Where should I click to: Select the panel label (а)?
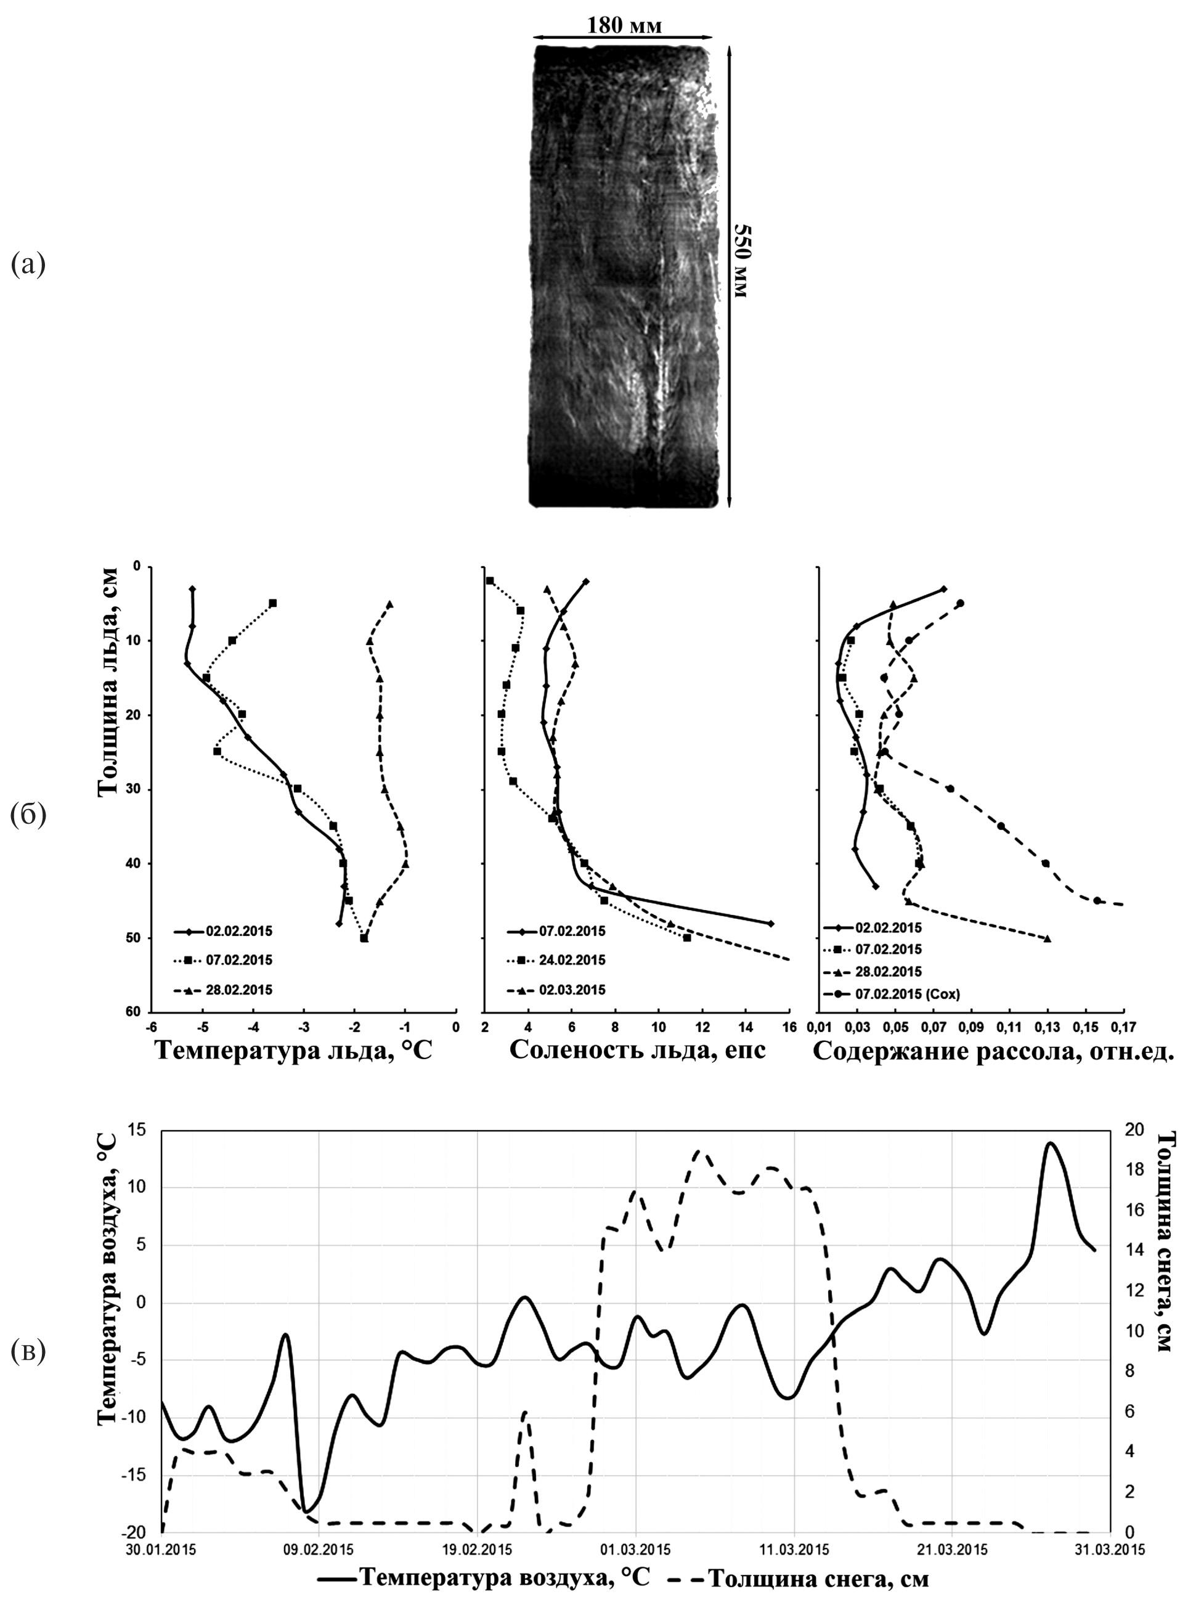(28, 264)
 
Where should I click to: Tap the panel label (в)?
(28, 1351)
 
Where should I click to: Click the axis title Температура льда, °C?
(293, 1050)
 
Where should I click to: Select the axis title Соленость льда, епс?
(637, 1050)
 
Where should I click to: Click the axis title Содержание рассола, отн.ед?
(993, 1051)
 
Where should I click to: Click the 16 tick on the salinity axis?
(789, 1026)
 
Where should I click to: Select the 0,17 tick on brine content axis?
(1124, 1026)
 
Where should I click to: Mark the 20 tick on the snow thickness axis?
(1134, 1130)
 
